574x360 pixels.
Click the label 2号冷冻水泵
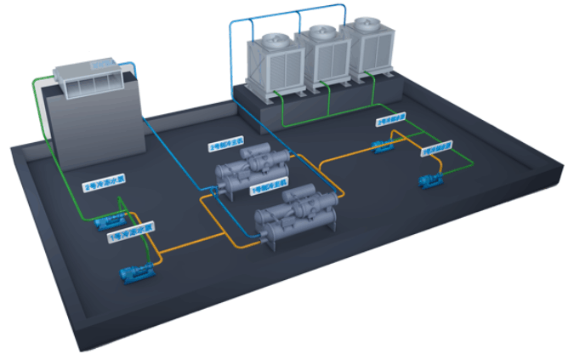pos(102,184)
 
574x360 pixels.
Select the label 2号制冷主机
pos(224,146)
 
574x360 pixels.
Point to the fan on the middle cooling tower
pos(321,34)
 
